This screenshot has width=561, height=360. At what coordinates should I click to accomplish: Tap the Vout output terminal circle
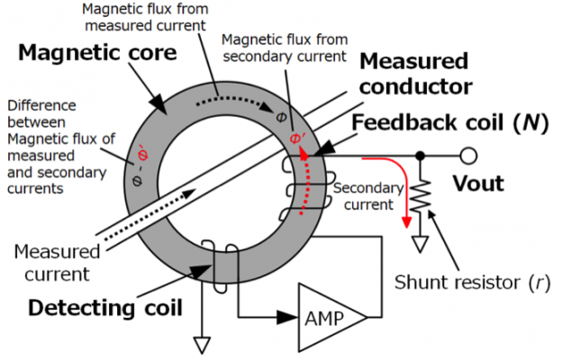[x=467, y=156]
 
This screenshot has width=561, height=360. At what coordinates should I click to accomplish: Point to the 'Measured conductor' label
[x=414, y=75]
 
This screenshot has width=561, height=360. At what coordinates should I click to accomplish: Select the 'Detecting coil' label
[x=105, y=307]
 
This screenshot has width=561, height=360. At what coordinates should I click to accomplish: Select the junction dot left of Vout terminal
[x=421, y=156]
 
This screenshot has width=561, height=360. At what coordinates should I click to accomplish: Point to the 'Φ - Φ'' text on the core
[x=138, y=159]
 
